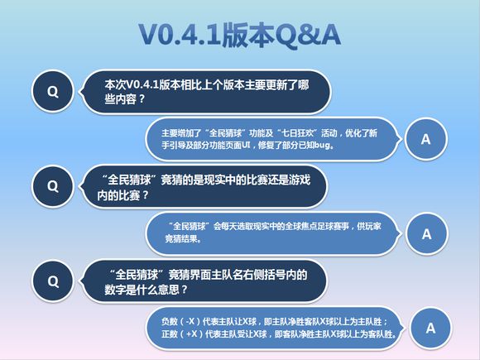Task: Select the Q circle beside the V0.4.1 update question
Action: [x=53, y=92]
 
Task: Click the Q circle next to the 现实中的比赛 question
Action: [x=53, y=185]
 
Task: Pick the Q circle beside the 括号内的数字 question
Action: [x=53, y=281]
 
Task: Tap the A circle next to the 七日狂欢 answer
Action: [x=426, y=139]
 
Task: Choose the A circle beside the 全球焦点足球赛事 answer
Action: [x=426, y=233]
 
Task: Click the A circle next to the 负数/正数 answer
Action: [x=430, y=328]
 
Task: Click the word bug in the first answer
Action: [x=323, y=146]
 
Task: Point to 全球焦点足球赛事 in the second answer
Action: [x=311, y=226]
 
